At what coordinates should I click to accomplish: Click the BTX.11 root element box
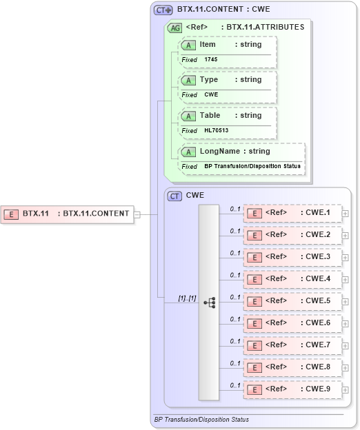click(x=68, y=214)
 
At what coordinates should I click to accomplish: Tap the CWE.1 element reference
click(x=293, y=213)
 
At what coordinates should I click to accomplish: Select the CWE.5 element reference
click(x=293, y=301)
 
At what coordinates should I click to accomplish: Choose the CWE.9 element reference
click(x=293, y=389)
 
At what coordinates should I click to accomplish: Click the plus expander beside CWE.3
click(x=346, y=257)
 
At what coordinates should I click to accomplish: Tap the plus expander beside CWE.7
click(x=346, y=345)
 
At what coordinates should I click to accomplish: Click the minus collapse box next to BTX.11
click(x=137, y=214)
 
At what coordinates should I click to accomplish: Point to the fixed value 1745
click(x=211, y=60)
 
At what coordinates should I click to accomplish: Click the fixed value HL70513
click(x=217, y=130)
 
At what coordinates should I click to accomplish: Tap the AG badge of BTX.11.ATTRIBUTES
click(x=175, y=28)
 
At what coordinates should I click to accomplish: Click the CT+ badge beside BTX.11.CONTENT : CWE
click(x=163, y=10)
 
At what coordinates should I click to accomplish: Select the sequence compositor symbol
click(x=210, y=302)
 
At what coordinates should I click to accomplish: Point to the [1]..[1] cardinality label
click(x=187, y=298)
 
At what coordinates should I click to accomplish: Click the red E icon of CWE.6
click(x=254, y=323)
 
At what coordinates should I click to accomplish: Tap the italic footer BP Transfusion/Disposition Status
click(x=201, y=419)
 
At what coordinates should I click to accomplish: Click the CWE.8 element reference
click(x=293, y=367)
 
